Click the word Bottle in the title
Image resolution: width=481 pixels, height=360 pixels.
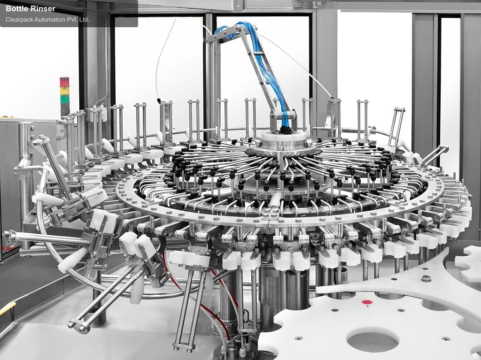click(17, 8)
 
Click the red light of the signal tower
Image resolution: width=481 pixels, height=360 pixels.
click(64, 82)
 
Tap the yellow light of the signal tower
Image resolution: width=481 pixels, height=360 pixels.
click(64, 91)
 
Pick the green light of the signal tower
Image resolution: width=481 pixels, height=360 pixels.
click(64, 99)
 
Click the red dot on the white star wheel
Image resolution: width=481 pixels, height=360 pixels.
click(367, 302)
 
